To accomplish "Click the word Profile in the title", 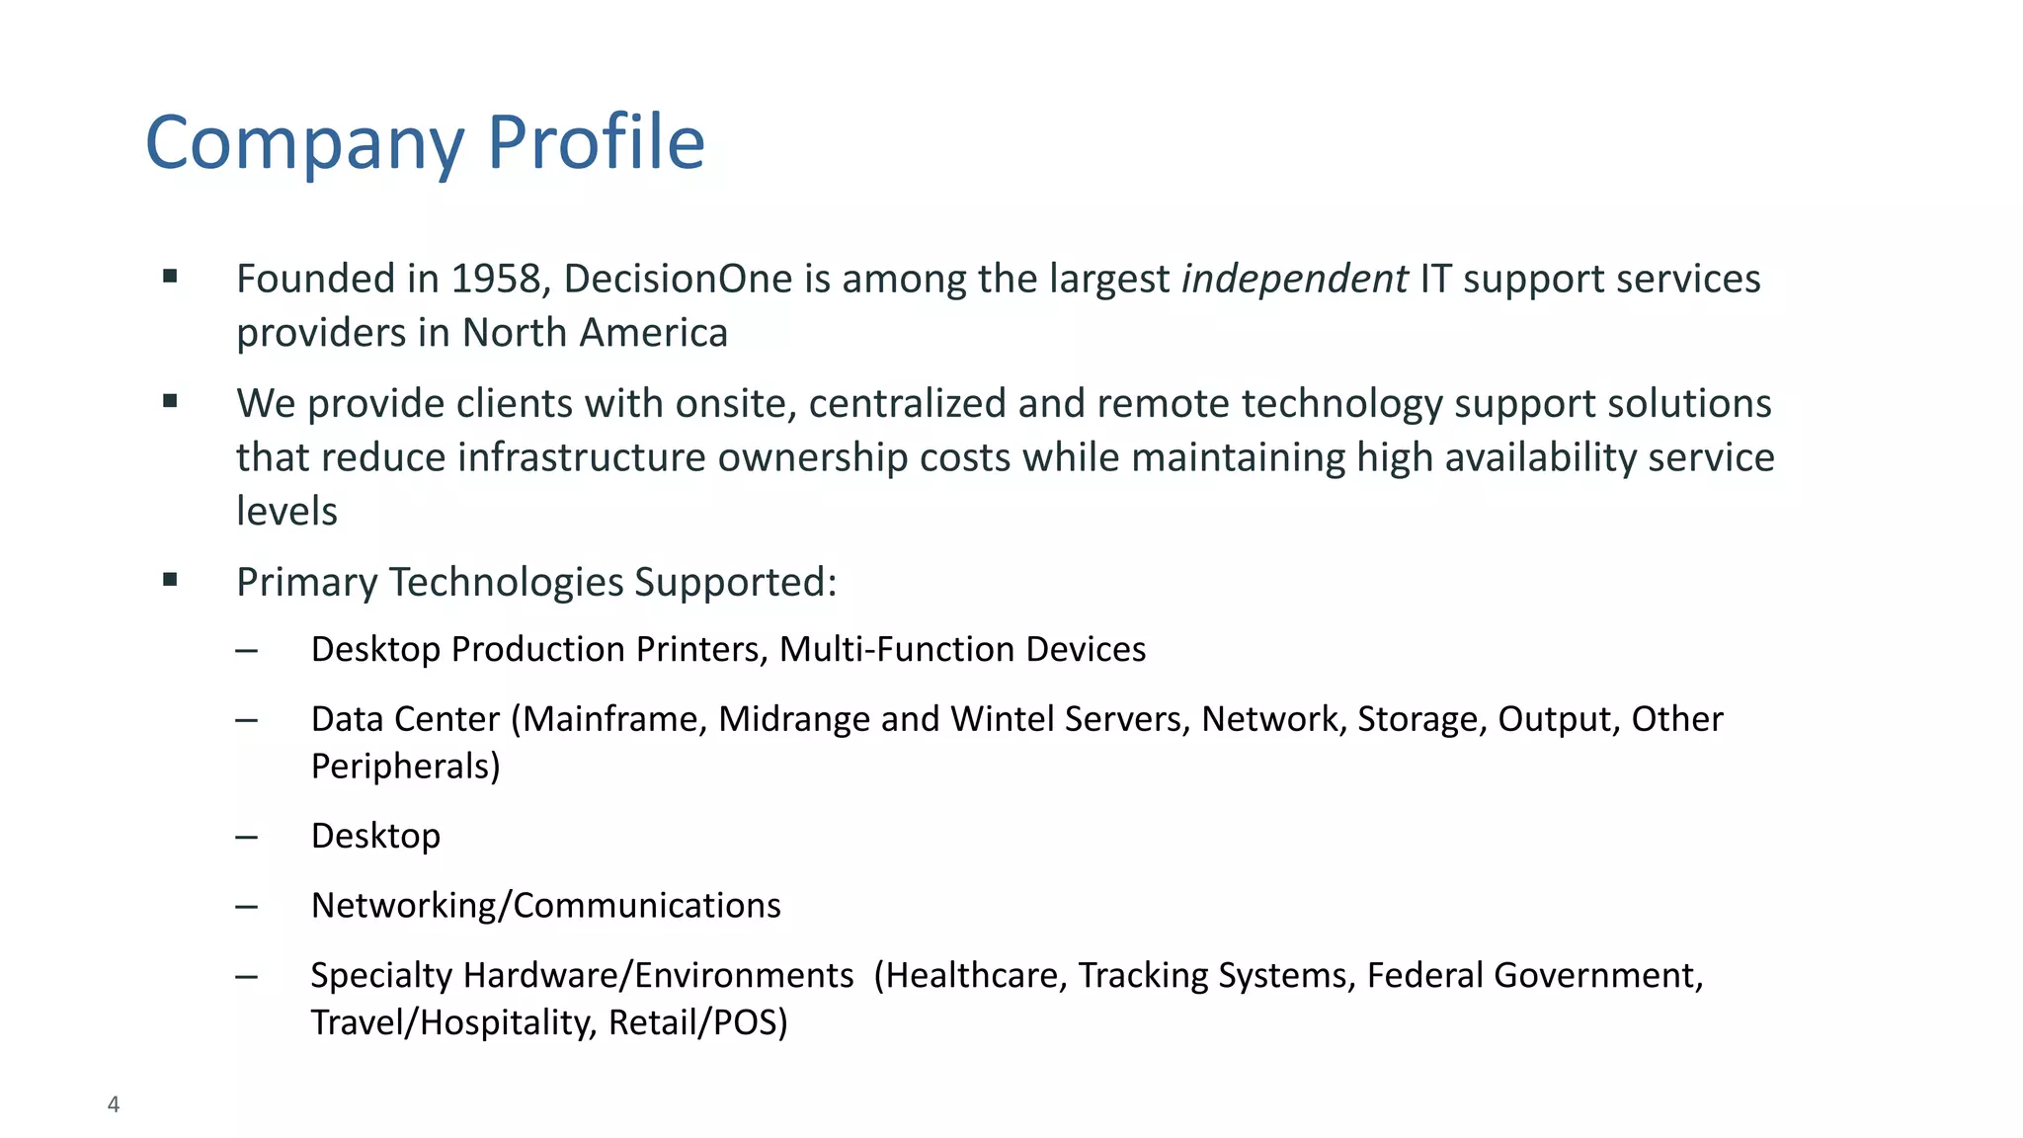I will [x=596, y=143].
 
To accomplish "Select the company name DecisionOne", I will [x=678, y=280].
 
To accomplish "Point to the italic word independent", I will [x=1294, y=280].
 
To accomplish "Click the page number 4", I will [x=114, y=1104].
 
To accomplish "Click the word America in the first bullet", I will [x=653, y=334].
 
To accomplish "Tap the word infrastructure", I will [x=582, y=458].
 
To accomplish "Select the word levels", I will [x=286, y=512].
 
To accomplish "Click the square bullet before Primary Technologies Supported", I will [x=170, y=580].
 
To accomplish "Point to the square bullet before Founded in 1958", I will [x=170, y=277].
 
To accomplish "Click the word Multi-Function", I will [x=897, y=650].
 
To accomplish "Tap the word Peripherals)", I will [x=405, y=767].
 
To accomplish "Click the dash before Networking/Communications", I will [x=247, y=906].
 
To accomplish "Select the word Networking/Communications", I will [x=545, y=906].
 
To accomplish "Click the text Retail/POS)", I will [x=697, y=1022].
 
